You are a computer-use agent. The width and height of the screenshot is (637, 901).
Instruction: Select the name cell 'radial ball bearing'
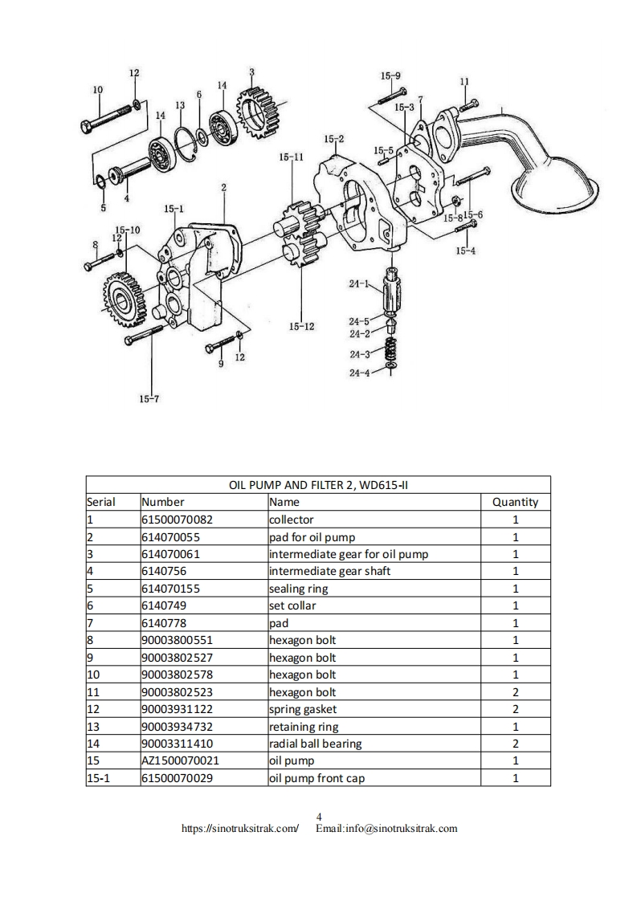click(x=315, y=744)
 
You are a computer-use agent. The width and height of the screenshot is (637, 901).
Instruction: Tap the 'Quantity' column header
click(x=515, y=502)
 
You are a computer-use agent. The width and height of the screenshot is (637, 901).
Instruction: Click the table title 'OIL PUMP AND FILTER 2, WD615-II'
click(x=318, y=485)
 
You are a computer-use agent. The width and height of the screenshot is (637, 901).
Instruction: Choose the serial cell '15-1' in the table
click(x=98, y=778)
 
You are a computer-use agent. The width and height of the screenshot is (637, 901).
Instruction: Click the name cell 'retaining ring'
click(x=304, y=727)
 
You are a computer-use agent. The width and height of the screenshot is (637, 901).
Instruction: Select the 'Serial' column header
click(x=101, y=502)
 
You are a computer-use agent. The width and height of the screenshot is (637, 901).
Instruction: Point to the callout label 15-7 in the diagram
click(x=149, y=399)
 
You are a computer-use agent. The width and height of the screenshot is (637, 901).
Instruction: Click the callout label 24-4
click(x=359, y=373)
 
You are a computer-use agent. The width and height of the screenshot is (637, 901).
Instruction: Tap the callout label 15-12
click(x=301, y=326)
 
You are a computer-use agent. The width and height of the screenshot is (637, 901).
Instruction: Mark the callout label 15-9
click(x=390, y=76)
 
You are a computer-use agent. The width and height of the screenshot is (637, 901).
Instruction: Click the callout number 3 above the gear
click(x=251, y=72)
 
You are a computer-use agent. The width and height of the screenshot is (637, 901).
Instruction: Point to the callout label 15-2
click(x=334, y=139)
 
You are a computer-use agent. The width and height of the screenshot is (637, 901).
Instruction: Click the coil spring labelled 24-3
click(x=390, y=350)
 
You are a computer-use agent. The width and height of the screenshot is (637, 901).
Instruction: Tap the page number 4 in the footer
click(x=319, y=817)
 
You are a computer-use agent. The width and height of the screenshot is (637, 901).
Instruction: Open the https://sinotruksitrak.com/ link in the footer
click(x=240, y=828)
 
